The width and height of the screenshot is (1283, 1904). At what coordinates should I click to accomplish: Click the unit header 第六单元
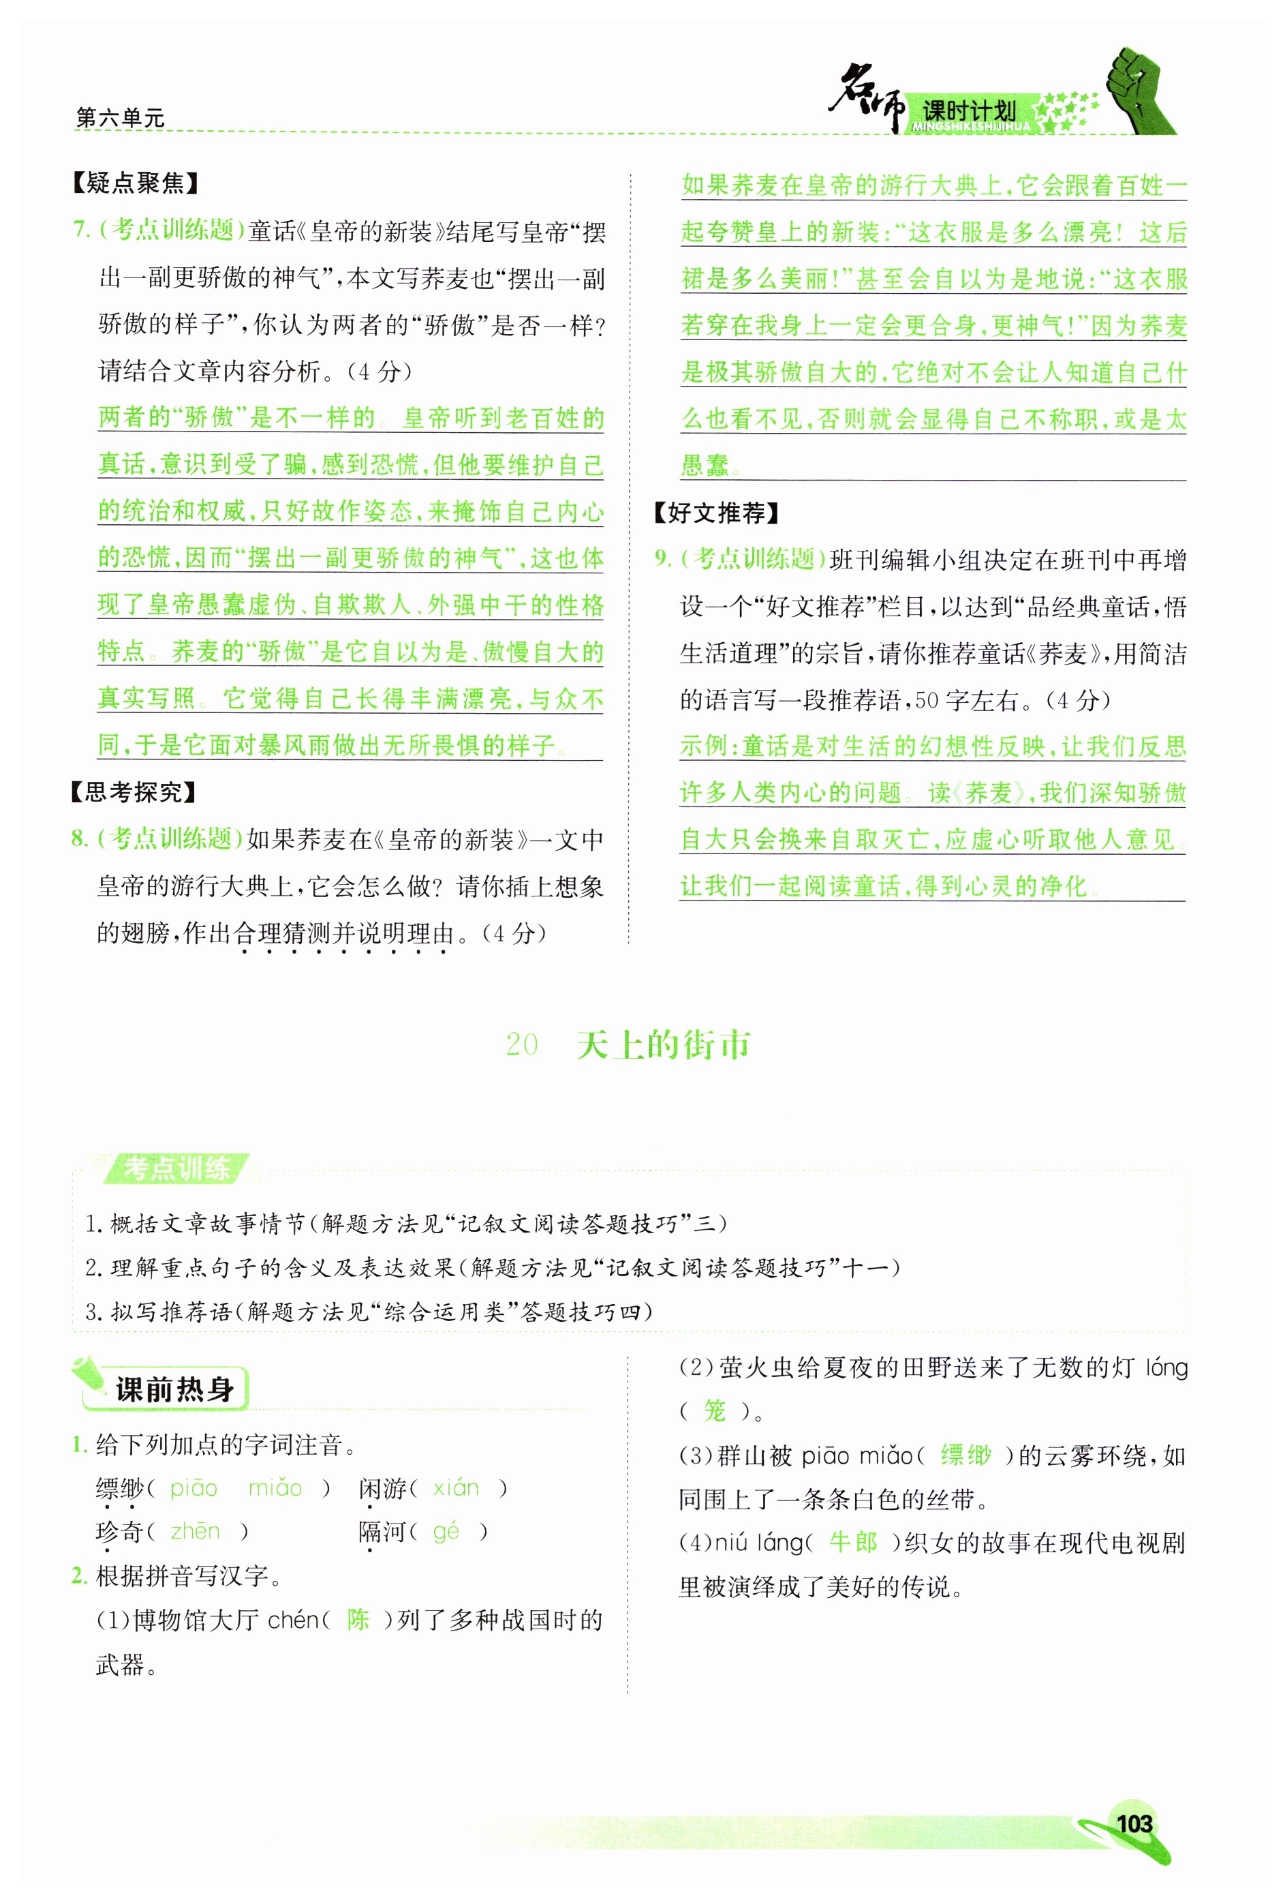click(121, 118)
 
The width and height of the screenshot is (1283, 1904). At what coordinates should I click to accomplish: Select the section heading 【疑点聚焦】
click(136, 183)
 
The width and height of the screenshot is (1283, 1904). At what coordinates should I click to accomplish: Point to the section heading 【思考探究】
click(134, 791)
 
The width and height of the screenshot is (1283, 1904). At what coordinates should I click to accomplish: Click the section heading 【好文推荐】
click(717, 513)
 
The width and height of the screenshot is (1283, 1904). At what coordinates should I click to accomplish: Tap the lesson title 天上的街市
click(663, 1045)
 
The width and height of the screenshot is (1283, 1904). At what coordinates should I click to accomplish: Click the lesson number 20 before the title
click(522, 1045)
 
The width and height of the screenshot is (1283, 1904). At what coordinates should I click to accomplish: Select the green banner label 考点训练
click(176, 1168)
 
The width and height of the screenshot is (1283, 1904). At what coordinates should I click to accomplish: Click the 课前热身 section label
click(174, 1389)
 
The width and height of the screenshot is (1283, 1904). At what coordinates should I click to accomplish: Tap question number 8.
click(79, 838)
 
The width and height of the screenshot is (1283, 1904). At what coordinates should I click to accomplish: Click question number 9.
click(662, 559)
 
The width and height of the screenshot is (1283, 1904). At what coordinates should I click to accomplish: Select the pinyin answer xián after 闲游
click(456, 1487)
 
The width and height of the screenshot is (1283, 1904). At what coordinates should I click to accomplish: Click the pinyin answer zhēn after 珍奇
click(196, 1530)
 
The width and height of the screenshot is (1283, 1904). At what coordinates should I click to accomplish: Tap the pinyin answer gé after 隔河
click(446, 1530)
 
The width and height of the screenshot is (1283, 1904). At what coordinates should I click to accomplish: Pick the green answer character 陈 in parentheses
click(358, 1619)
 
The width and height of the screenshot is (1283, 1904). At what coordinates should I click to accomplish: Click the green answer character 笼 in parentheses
click(714, 1410)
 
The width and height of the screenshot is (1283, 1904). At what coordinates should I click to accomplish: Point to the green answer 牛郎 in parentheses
click(854, 1543)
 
